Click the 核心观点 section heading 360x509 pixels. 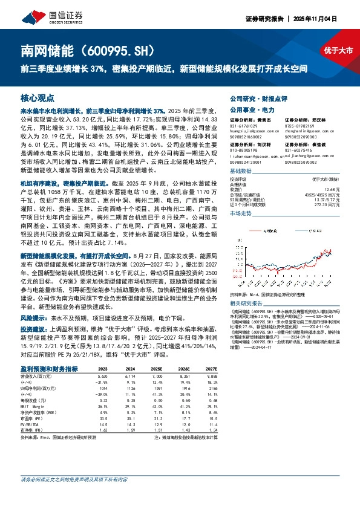click(38, 97)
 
